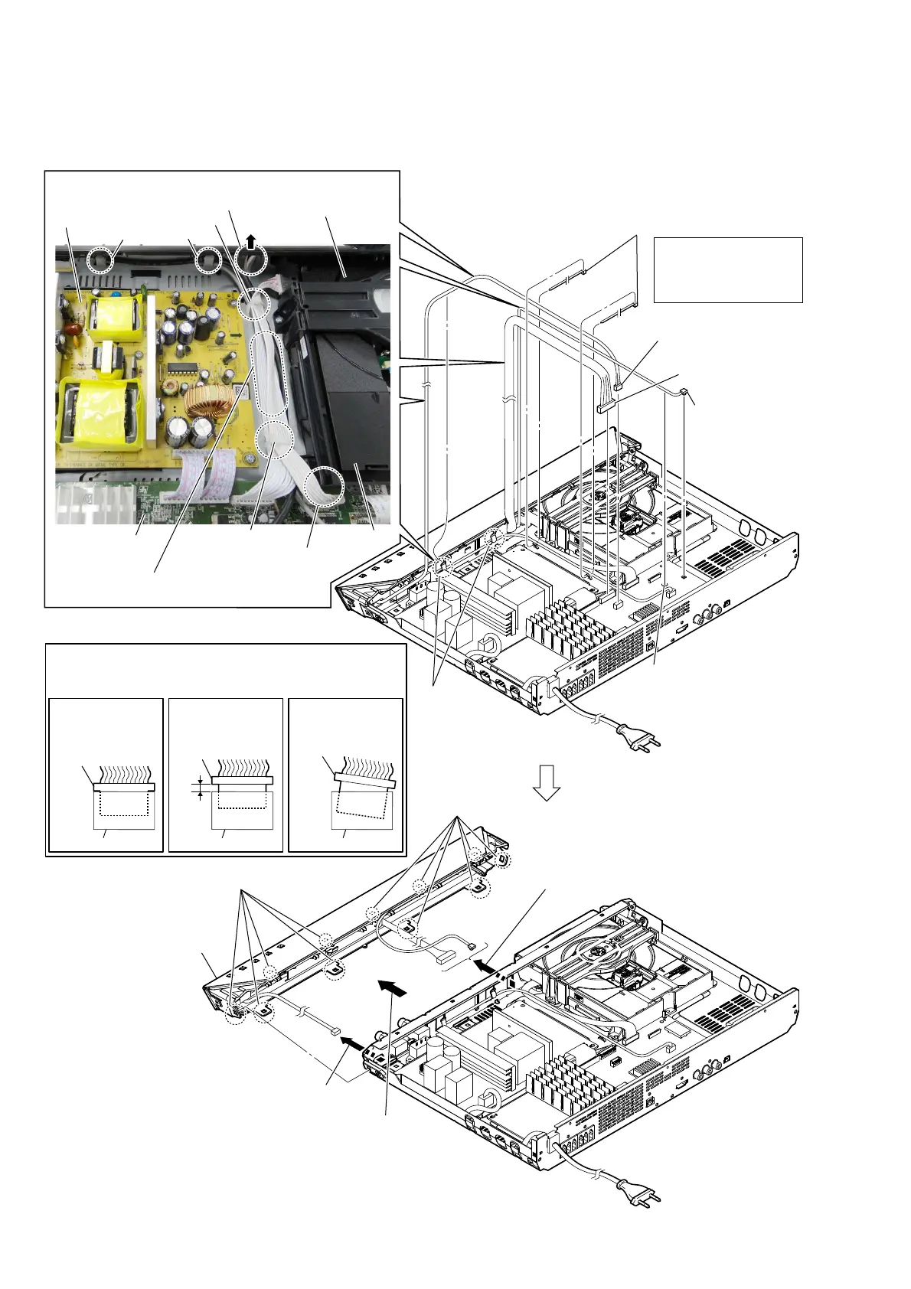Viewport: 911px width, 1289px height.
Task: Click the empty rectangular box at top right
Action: click(x=728, y=269)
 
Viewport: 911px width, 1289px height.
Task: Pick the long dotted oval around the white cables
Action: click(x=269, y=373)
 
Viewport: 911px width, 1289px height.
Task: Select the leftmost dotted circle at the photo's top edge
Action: click(x=100, y=260)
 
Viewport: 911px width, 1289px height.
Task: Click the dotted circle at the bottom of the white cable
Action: click(x=323, y=487)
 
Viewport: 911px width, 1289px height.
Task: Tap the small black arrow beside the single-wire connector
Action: click(x=351, y=1042)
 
